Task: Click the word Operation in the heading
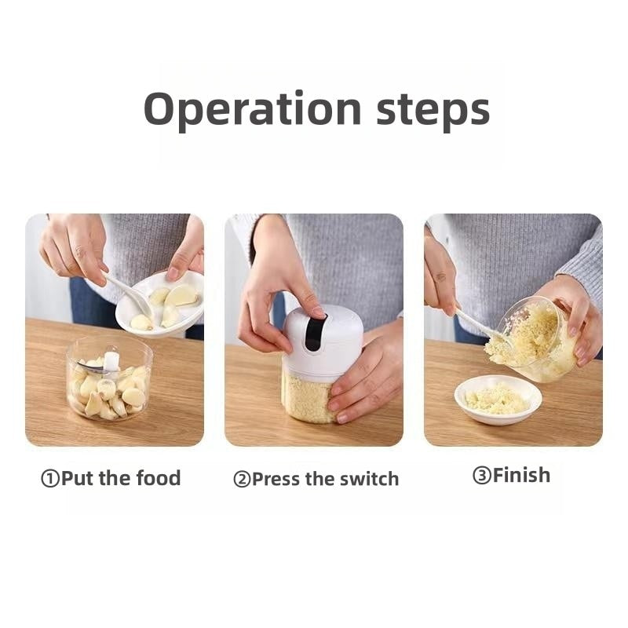click(x=253, y=109)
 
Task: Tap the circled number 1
click(x=50, y=479)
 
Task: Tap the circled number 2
click(x=242, y=480)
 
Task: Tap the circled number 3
click(x=482, y=476)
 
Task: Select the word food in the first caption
click(x=159, y=478)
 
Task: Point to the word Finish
click(x=521, y=475)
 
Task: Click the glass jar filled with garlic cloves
click(x=109, y=379)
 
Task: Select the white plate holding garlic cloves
click(x=160, y=302)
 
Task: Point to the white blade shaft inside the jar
click(x=111, y=362)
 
